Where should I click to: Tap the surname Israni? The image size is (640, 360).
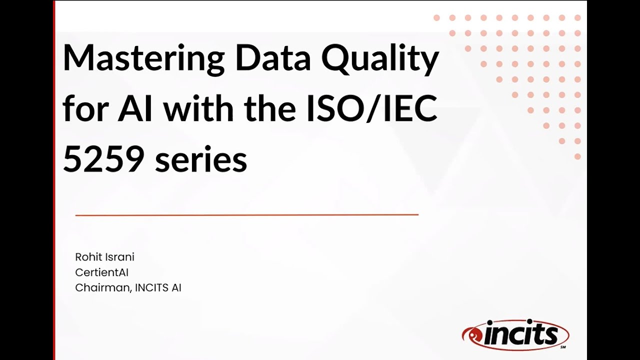tap(119, 257)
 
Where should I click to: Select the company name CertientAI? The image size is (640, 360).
tap(102, 272)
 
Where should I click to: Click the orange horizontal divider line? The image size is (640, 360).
tap(246, 215)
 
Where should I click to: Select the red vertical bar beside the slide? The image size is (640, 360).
tap(53, 180)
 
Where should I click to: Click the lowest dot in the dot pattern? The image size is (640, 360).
tap(577, 157)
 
